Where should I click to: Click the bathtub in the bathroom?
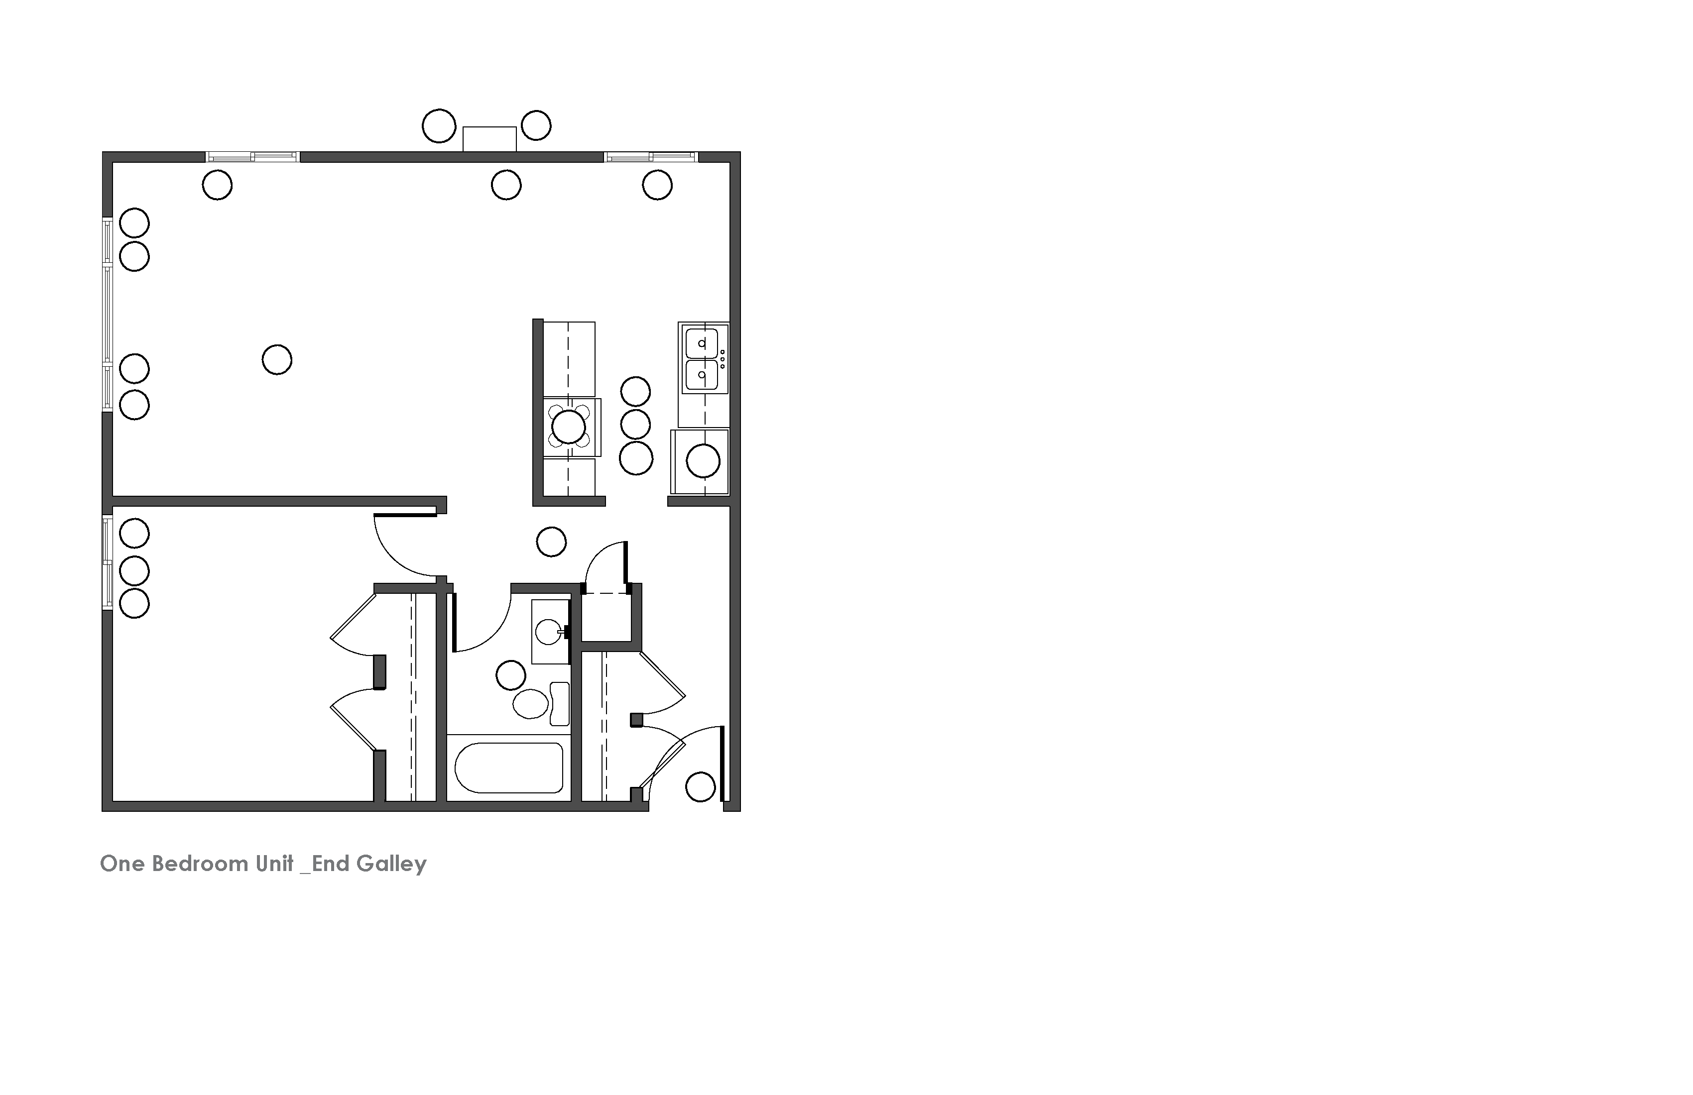(508, 768)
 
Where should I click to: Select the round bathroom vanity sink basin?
(548, 631)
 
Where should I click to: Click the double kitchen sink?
(703, 359)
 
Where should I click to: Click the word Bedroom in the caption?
(196, 864)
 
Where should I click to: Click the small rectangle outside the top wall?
(489, 139)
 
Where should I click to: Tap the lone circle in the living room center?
(277, 360)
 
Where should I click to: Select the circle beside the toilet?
(511, 675)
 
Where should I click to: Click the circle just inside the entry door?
(700, 787)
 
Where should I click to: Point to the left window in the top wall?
(252, 156)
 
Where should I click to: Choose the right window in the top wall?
(650, 156)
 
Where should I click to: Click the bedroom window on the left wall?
(108, 562)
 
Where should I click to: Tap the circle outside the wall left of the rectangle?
(439, 126)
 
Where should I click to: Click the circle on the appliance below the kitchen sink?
(703, 461)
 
